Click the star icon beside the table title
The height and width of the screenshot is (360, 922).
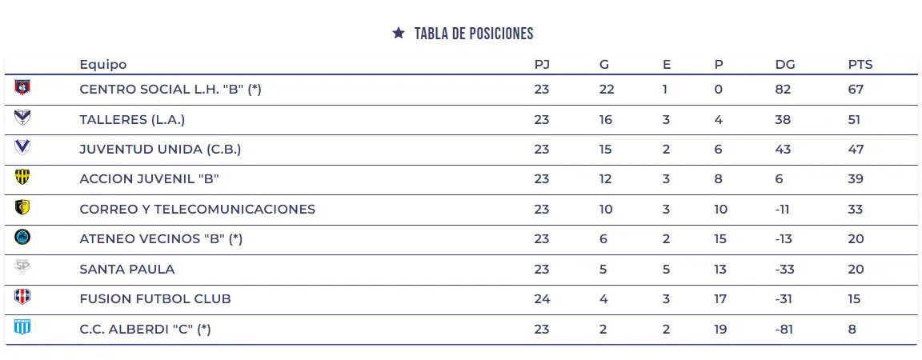pos(399,33)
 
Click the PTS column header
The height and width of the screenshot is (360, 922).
pos(860,65)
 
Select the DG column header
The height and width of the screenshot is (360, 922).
pos(784,65)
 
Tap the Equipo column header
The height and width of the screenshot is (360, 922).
pos(103,65)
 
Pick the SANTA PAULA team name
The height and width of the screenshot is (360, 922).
pos(127,270)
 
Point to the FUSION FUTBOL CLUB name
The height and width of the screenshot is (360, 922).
pos(155,299)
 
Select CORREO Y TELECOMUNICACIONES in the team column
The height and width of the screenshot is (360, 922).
pos(198,210)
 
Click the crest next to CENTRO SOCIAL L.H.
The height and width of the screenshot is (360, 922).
pos(22,86)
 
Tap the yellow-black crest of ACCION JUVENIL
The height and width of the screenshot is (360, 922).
pos(22,177)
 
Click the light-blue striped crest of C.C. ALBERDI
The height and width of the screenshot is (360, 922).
pos(22,326)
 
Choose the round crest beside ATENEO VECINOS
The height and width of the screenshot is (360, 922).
pos(22,237)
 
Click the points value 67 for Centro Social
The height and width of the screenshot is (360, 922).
pos(856,90)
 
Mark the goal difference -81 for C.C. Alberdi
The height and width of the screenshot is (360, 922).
pos(784,329)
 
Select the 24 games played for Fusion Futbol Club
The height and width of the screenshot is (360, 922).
pos(542,299)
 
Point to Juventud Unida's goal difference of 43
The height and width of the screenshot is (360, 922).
pos(783,150)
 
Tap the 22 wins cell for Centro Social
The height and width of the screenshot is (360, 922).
pos(607,90)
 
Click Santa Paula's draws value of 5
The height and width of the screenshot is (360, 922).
pos(666,270)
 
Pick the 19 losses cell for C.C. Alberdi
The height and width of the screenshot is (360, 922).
pos(720,329)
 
